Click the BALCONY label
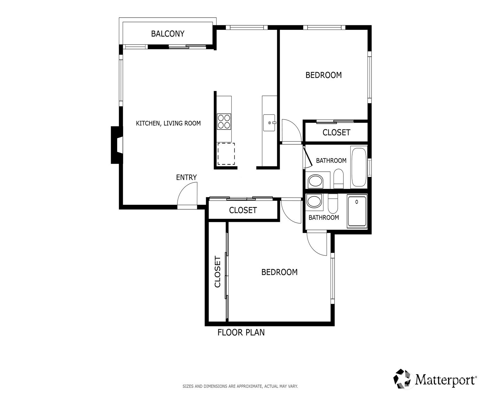(168, 34)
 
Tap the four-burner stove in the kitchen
(224, 122)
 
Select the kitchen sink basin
(269, 123)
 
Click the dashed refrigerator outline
(226, 154)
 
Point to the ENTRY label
(186, 177)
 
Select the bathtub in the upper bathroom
(359, 167)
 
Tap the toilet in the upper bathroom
(338, 179)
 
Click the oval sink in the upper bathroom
(315, 181)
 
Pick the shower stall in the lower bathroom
(357, 211)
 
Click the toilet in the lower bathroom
(333, 203)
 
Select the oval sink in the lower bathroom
(314, 202)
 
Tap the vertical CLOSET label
(217, 271)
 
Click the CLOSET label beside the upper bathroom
(336, 132)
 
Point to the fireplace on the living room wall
(117, 145)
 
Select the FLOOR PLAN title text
(241, 332)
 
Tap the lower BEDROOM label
(279, 272)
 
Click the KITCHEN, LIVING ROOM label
(168, 124)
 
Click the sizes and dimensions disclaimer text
(240, 386)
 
